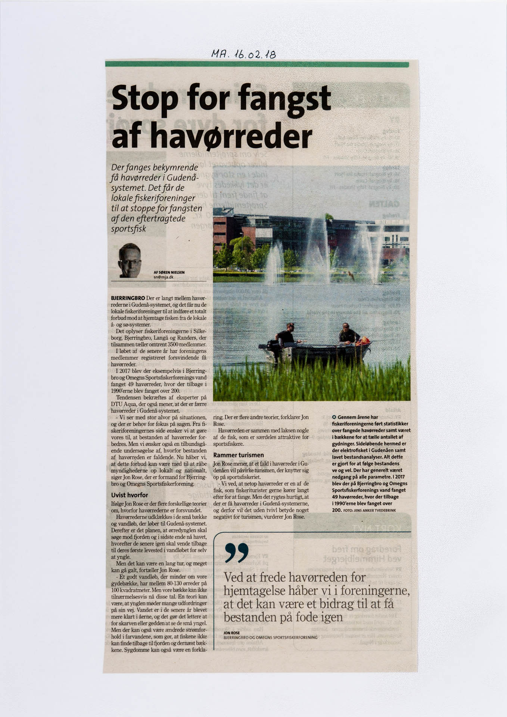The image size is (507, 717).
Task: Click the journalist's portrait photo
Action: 130,260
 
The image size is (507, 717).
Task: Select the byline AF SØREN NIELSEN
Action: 169,272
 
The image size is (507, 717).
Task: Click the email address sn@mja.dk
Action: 164,277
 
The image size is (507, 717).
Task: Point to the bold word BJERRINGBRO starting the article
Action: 128,298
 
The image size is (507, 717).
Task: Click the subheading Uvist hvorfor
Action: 130,495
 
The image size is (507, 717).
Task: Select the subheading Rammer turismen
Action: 238,455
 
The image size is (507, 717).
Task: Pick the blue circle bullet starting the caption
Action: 334,417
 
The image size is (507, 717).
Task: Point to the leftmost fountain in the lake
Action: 275,261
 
